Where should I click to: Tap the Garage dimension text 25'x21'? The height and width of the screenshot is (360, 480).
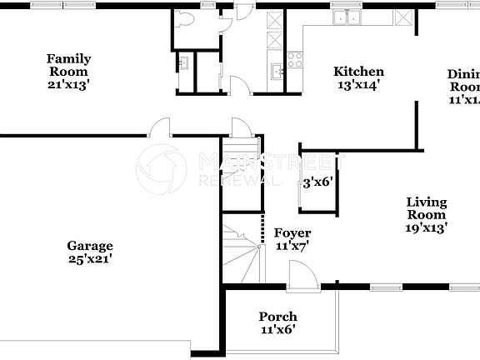click(x=90, y=259)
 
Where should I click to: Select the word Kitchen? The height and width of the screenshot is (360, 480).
click(x=358, y=72)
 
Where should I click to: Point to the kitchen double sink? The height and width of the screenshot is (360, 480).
click(x=344, y=17)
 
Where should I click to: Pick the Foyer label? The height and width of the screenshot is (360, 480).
click(x=292, y=233)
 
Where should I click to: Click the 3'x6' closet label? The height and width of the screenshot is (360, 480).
click(x=317, y=182)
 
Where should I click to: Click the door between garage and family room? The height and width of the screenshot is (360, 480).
click(x=159, y=127)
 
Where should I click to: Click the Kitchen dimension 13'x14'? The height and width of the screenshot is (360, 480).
click(x=358, y=85)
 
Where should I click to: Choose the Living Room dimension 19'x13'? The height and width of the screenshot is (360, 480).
click(x=426, y=227)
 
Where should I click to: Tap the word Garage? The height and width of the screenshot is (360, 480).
click(x=90, y=246)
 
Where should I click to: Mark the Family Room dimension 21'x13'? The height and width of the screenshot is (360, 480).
click(x=68, y=84)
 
